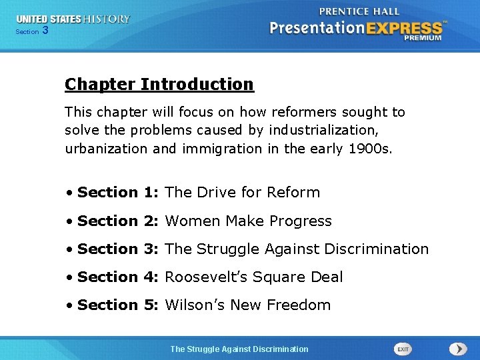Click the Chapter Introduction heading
(x=159, y=85)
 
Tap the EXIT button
(x=403, y=349)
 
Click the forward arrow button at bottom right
(x=458, y=349)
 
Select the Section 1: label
(x=119, y=193)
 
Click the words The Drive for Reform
(x=242, y=193)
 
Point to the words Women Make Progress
(x=248, y=221)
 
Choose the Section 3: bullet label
(x=119, y=249)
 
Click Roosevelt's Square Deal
(x=253, y=277)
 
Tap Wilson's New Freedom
(x=247, y=305)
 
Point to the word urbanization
(x=106, y=149)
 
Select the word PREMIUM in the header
(x=422, y=38)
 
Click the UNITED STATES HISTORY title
(x=73, y=19)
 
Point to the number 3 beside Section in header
(x=45, y=31)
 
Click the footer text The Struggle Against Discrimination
(x=239, y=349)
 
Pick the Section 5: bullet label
(x=119, y=305)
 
